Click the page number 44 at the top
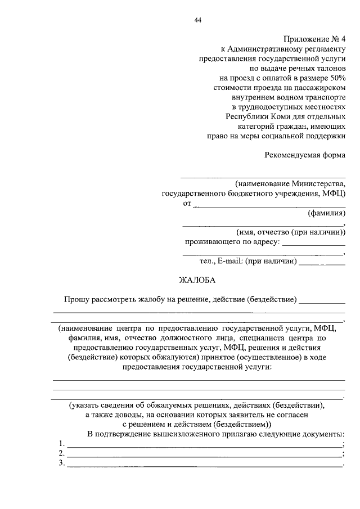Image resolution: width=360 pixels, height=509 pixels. [x=197, y=21]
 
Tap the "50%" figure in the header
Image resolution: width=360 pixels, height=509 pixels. [x=335, y=78]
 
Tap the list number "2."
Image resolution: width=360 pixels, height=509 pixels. [x=61, y=453]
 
